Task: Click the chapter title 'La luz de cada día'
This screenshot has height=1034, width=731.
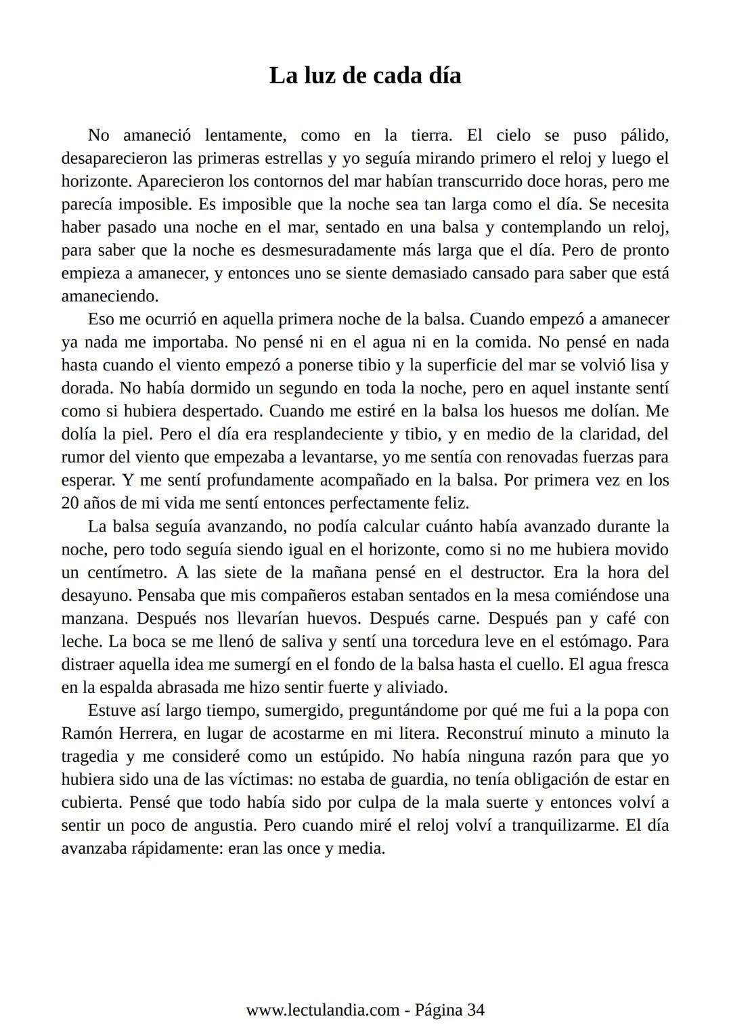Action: point(365,75)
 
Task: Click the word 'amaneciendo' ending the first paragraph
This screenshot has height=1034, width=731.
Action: point(109,297)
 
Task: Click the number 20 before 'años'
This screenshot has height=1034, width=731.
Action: point(70,504)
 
